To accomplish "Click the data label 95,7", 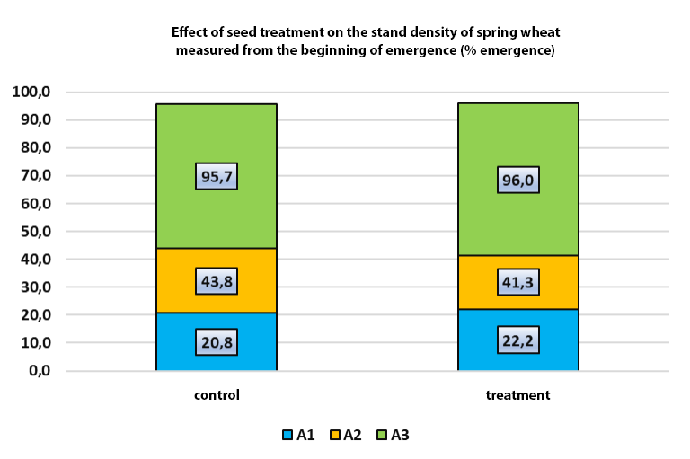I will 217,176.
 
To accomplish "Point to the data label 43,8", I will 217,280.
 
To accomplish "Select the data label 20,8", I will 217,341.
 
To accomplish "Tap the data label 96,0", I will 518,180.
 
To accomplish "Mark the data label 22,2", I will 518,340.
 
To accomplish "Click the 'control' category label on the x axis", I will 217,395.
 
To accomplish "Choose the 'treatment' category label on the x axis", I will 518,395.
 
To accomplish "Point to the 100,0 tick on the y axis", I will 33,92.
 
